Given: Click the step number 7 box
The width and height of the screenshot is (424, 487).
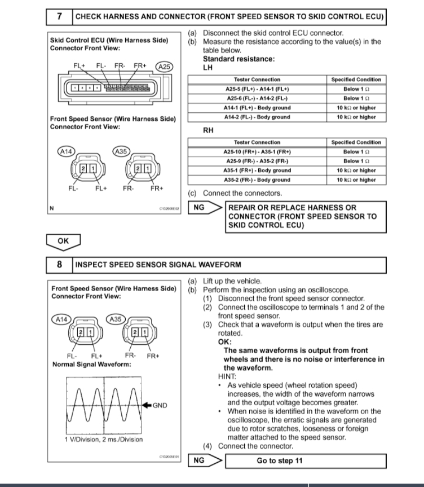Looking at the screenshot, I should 60,16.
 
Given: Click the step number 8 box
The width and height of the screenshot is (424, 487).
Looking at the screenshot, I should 60,264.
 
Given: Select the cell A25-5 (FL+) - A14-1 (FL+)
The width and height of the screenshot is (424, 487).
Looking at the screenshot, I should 257,89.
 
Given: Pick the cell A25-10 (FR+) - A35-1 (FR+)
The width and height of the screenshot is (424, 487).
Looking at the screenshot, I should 257,152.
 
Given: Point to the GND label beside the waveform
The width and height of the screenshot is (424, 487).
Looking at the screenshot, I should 160,405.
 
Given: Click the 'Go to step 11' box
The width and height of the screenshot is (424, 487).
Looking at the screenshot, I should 280,460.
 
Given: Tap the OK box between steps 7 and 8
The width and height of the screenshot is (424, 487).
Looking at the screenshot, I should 64,241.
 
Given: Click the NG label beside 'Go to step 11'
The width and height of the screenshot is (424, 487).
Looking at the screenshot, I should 198,460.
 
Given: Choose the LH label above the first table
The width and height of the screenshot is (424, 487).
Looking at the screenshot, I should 207,67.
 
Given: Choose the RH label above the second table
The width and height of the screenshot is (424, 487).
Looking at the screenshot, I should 207,130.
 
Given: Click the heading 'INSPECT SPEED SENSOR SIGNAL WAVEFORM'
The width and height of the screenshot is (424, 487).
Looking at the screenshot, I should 158,264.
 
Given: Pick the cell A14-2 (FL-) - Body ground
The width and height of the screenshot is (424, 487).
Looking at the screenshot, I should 257,117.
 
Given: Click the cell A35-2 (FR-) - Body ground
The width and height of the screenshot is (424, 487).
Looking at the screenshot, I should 257,180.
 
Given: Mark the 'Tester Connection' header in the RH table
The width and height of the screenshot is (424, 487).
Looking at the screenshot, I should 257,142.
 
